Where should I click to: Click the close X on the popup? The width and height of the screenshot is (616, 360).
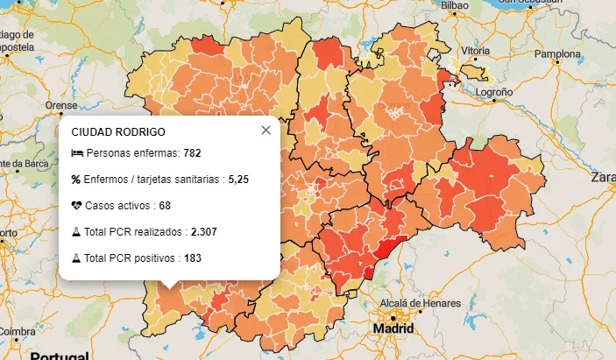(x=266, y=130)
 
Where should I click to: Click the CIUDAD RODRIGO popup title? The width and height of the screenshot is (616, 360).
(x=118, y=131)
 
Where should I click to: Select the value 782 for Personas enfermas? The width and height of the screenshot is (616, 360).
(x=192, y=153)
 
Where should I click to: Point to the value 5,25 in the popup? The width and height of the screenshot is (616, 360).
(x=238, y=180)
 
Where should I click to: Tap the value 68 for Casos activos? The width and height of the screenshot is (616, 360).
(x=165, y=206)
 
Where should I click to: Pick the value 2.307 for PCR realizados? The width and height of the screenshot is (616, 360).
(x=203, y=232)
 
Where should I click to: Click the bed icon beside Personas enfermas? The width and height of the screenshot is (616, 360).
(x=76, y=153)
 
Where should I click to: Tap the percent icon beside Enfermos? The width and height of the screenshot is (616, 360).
(x=76, y=180)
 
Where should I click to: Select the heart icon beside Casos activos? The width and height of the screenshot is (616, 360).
(x=76, y=206)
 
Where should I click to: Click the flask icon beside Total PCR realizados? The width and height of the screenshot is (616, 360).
(x=76, y=232)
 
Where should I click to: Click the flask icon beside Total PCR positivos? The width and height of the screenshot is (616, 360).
(x=76, y=258)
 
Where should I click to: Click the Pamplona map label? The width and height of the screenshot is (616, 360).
(x=558, y=53)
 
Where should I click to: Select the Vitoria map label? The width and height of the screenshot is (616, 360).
(x=473, y=52)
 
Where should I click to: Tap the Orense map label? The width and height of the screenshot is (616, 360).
(x=61, y=105)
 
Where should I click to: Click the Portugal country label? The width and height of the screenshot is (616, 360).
(x=59, y=356)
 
